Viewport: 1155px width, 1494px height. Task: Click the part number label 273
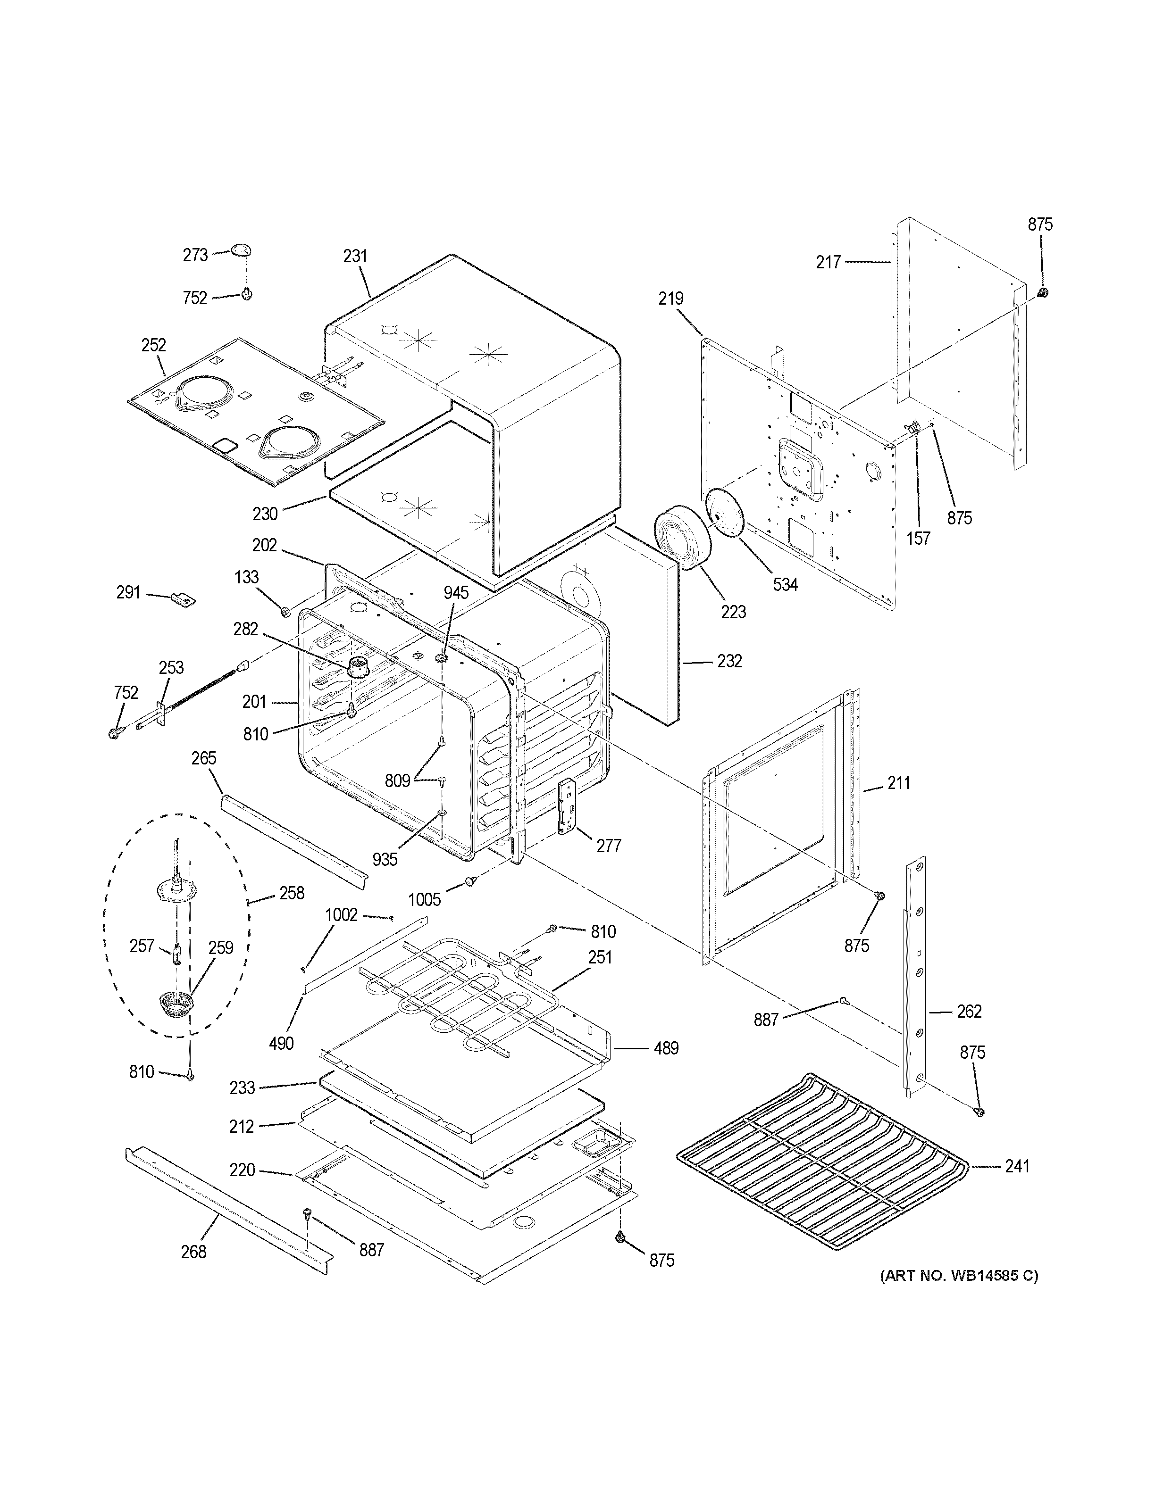coord(195,255)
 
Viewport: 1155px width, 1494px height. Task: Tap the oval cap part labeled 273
coord(240,249)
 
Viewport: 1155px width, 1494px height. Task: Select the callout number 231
coord(355,256)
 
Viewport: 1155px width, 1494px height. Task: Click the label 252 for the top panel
coord(153,345)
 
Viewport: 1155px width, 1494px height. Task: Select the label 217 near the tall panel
coord(828,262)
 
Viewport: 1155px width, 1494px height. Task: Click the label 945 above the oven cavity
coord(456,592)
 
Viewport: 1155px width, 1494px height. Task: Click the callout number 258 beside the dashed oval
coord(292,893)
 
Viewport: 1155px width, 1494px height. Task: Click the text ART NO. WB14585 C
coord(959,1275)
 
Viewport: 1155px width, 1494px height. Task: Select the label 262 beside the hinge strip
coord(969,1011)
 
